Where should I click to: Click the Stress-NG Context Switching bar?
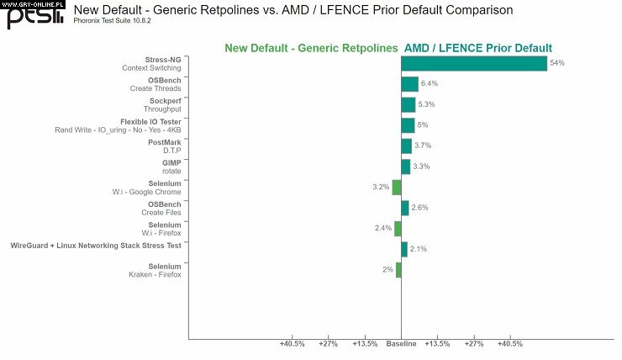pos(474,64)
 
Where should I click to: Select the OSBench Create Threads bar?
pos(409,84)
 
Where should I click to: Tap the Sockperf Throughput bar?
pos(409,104)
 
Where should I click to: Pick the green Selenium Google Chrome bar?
pos(397,187)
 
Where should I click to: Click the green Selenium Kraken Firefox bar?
pos(398,270)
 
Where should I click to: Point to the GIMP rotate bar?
pos(406,167)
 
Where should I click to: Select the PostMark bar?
pos(407,146)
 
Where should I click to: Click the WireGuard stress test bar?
pos(404,249)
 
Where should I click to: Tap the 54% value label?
pos(556,63)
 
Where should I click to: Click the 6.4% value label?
pos(430,84)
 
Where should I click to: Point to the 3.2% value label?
pos(381,187)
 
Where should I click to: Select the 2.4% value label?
pos(383,228)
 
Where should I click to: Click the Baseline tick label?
pos(401,344)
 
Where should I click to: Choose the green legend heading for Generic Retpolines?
pos(312,48)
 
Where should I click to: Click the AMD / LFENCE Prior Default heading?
pos(478,48)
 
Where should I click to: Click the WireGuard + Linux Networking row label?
pos(95,246)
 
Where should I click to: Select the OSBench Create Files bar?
pos(405,208)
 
